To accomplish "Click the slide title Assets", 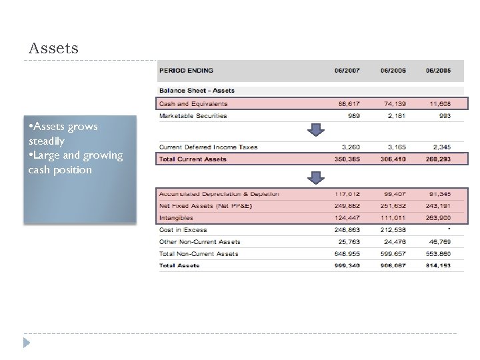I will coord(53,49).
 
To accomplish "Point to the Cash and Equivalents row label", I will coord(193,104).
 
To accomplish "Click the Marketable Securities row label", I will coord(193,116).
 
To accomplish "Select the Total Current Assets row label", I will coord(192,159).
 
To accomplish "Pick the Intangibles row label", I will coord(175,218).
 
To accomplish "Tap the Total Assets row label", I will coord(179,265).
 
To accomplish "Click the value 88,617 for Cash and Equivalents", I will coord(346,104).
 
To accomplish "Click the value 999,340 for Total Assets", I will coord(346,265).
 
